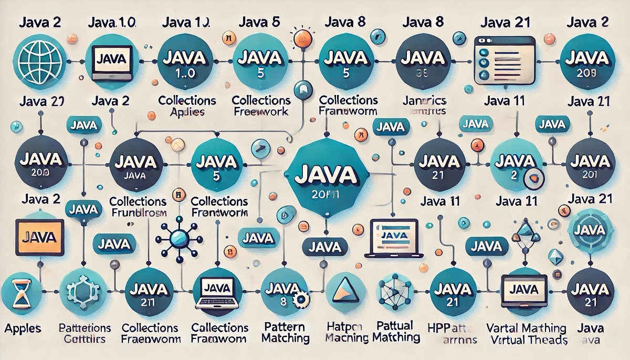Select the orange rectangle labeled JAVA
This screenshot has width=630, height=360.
point(40,237)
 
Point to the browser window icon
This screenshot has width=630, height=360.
point(504,60)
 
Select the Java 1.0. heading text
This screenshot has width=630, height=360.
point(112,23)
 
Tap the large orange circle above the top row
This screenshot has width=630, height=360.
point(302,38)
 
